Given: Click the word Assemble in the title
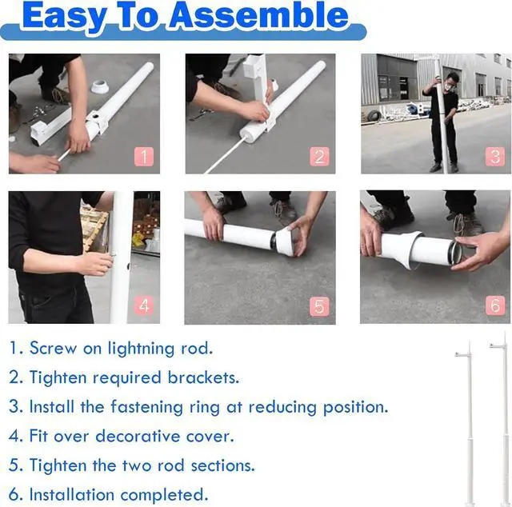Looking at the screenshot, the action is (x=259, y=16).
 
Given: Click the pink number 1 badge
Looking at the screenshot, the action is (x=144, y=157).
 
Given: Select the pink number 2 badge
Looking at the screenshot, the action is (x=319, y=157).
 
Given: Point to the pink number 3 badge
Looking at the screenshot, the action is (x=495, y=157).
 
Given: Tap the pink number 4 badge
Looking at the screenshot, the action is (x=144, y=306).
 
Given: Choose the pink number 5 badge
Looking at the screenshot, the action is (x=319, y=306).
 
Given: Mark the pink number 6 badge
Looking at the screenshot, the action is (x=495, y=305).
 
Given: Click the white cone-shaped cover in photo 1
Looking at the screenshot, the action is (x=99, y=86).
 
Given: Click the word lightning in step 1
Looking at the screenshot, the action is (x=142, y=349).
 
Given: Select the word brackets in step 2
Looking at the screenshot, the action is (x=203, y=377).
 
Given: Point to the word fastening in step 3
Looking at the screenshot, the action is (x=146, y=407).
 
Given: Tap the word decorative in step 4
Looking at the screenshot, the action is (x=138, y=436).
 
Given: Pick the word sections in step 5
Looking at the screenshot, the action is (x=222, y=465).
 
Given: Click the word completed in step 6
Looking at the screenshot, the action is (x=164, y=495).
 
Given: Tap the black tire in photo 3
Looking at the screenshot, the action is (x=374, y=115).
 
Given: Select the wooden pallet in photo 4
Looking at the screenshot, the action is (x=94, y=226).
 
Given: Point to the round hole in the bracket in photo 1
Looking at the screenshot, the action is (x=96, y=116).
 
